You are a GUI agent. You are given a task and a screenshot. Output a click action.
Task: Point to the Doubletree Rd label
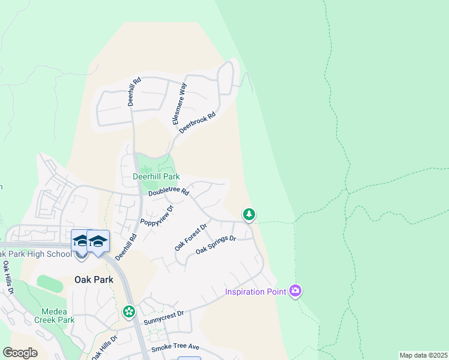coord(169,191)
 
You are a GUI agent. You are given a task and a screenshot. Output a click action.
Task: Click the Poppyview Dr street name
coord(157,215)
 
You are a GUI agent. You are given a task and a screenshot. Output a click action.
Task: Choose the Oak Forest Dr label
coord(191,236)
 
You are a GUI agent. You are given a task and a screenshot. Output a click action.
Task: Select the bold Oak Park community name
coord(94,280)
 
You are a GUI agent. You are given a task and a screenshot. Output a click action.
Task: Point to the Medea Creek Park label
coord(58,316)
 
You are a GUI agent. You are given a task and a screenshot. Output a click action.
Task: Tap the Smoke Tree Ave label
coord(175,347)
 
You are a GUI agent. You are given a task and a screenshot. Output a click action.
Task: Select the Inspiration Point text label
coord(255,292)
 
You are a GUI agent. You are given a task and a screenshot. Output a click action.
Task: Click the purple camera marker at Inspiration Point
coord(295,292)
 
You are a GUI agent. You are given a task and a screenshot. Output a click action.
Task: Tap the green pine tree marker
coord(249,214)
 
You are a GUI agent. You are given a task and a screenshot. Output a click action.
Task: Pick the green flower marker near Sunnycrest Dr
coord(128,311)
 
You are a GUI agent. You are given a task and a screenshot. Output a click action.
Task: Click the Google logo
coord(20,353)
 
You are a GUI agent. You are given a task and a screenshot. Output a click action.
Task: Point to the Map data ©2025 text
coord(423,355)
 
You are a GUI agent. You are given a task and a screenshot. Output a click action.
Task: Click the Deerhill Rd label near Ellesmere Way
coord(133,91)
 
